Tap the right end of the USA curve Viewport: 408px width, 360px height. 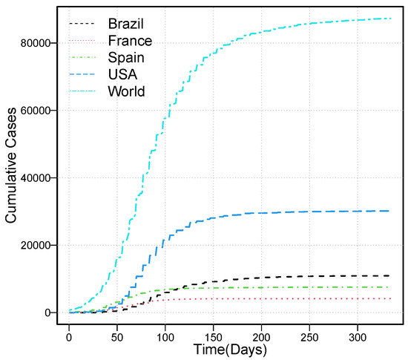[389, 211]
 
